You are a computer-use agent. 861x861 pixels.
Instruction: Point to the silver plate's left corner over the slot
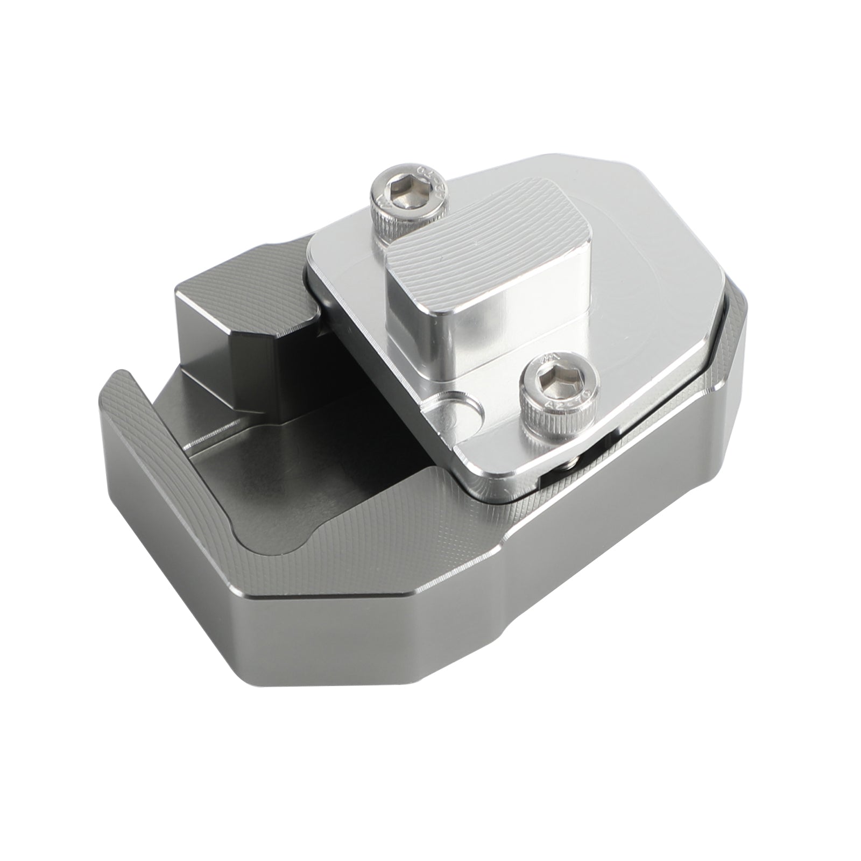317,264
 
